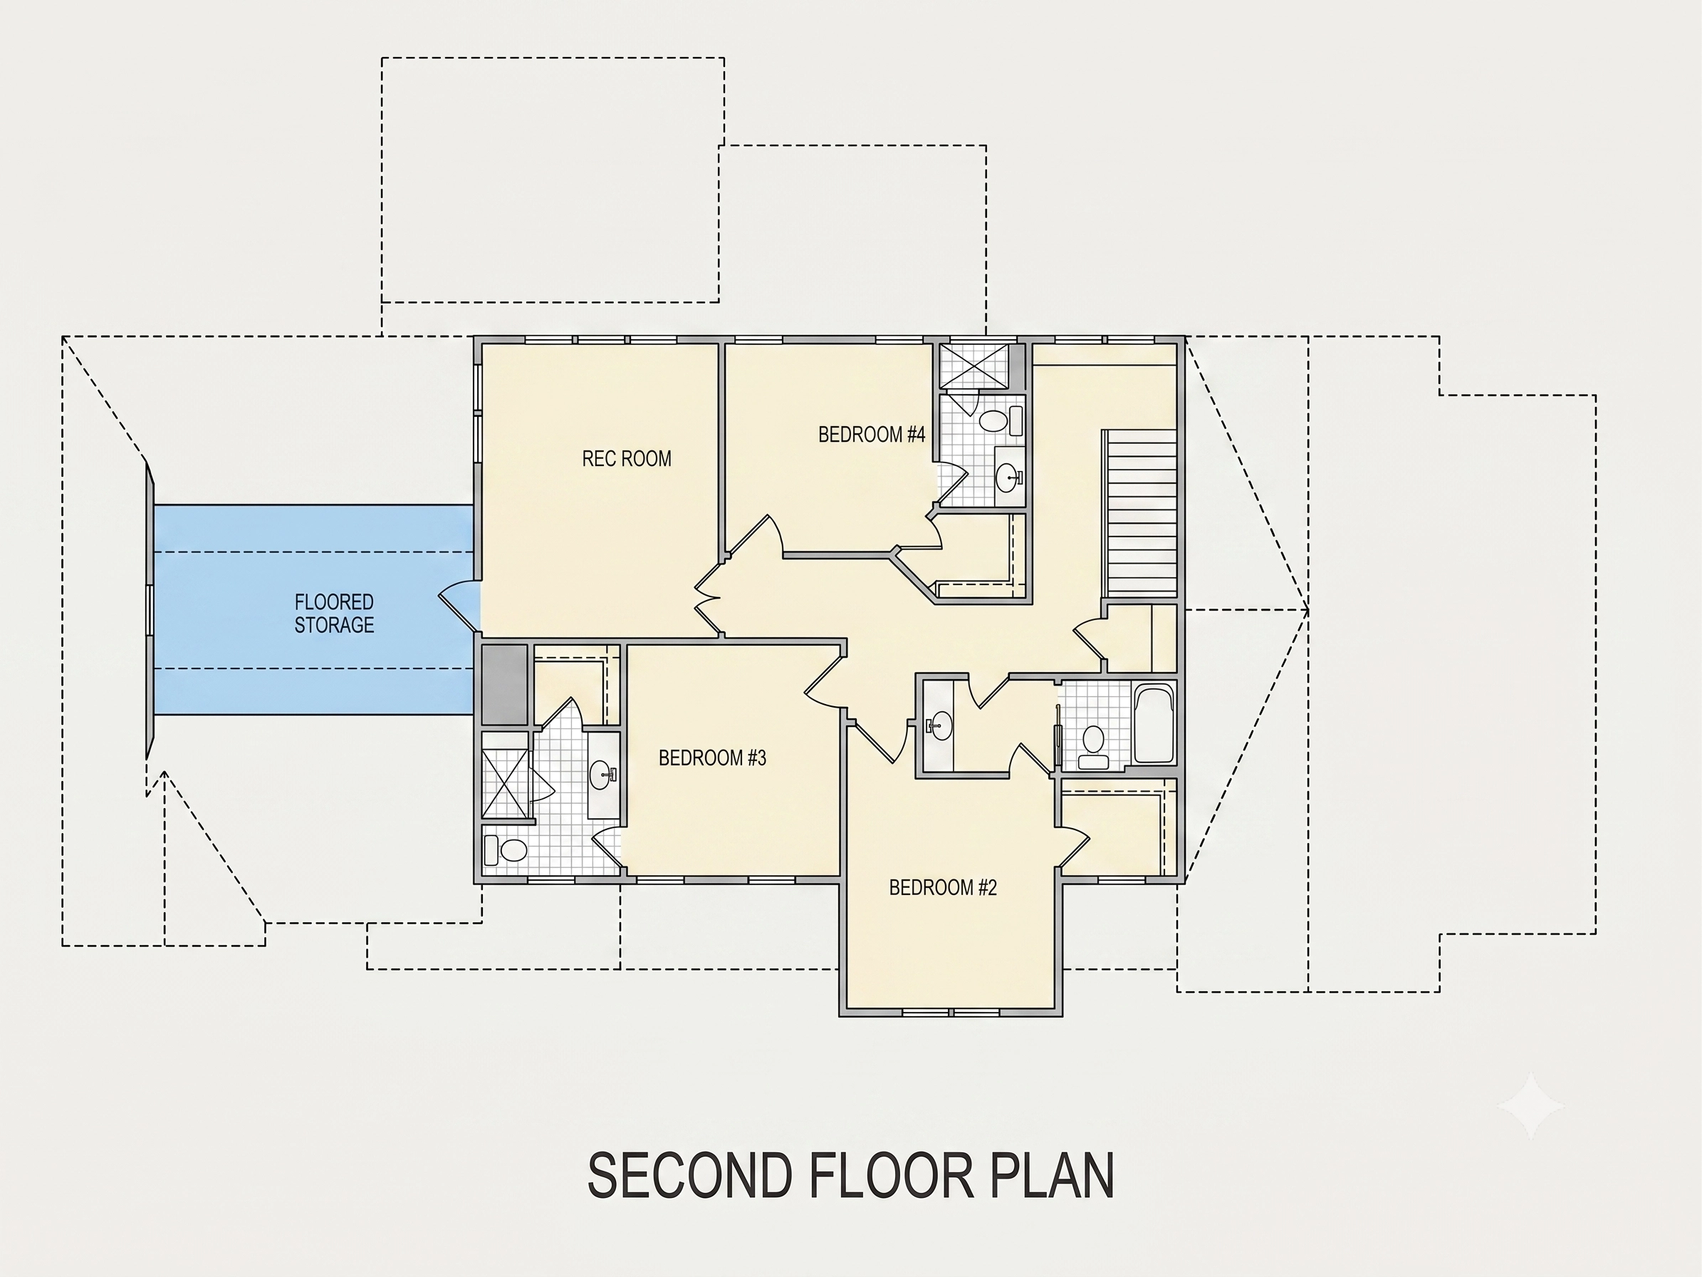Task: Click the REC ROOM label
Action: coord(627,459)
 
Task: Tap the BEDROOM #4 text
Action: coord(871,435)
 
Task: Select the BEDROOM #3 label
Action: coord(713,758)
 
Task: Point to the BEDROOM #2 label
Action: coord(943,887)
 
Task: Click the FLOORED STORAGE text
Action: coord(334,614)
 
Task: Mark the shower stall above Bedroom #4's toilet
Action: coord(973,366)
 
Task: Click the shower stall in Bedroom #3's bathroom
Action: coord(506,774)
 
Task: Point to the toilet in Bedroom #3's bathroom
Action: coord(506,851)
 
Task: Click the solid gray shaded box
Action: coord(505,684)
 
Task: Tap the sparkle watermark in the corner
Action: coord(1530,1106)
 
